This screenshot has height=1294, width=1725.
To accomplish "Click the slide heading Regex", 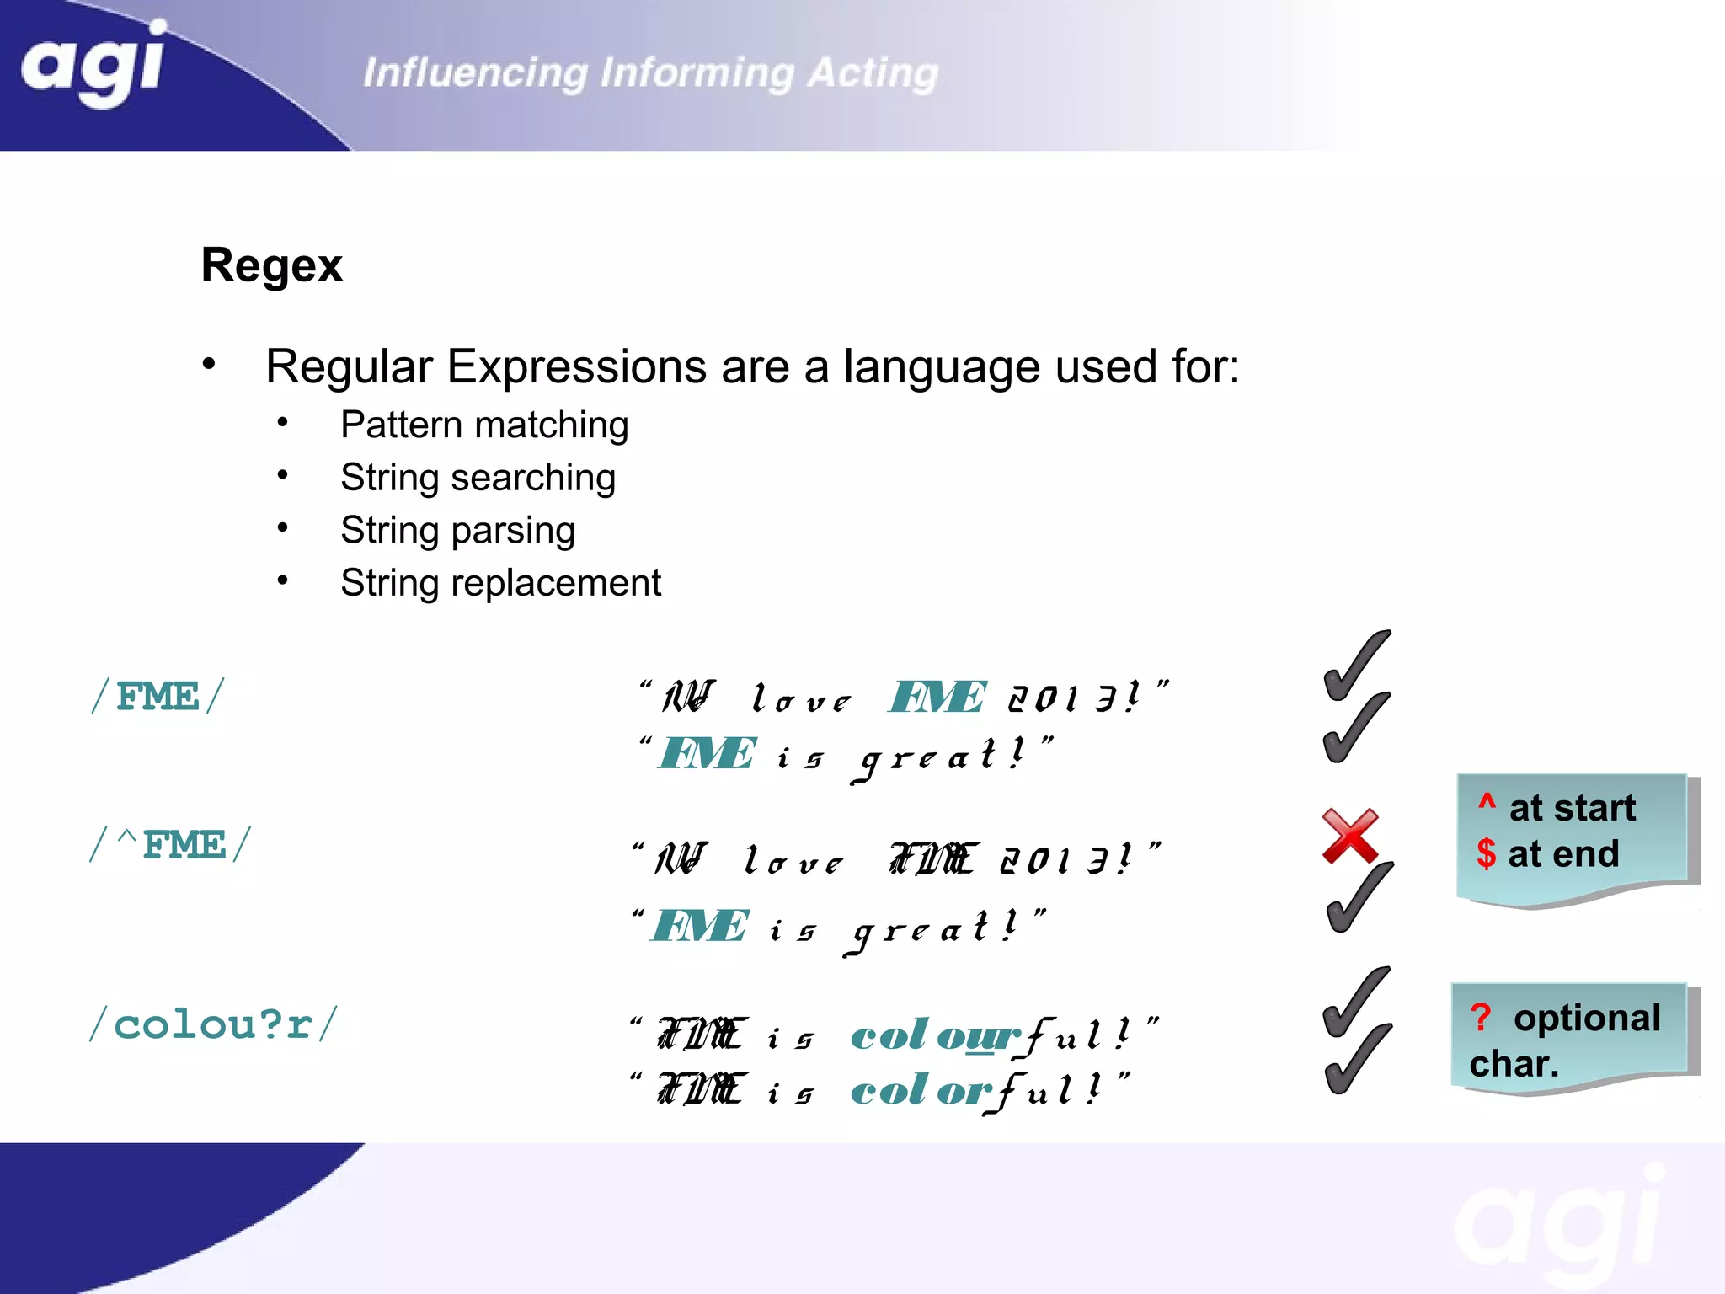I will [x=271, y=265].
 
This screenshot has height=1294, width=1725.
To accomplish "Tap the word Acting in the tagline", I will [x=873, y=72].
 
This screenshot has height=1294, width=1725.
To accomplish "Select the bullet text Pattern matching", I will [x=484, y=425].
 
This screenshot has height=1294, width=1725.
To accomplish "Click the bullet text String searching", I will [x=478, y=478].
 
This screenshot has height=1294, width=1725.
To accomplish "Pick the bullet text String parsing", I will [x=457, y=531].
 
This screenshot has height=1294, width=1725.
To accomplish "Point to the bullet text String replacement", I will [x=500, y=583].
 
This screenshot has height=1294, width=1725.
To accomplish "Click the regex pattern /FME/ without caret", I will [x=158, y=697].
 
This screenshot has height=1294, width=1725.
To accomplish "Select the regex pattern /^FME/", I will [x=171, y=845].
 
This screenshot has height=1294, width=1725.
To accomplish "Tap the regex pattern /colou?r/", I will [x=213, y=1025].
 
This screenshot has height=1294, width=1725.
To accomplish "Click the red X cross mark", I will [x=1349, y=836].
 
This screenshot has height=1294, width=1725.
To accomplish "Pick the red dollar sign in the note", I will [x=1486, y=853].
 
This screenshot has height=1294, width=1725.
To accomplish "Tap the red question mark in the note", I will [x=1481, y=1017].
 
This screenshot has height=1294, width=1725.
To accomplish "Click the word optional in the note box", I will [x=1587, y=1018].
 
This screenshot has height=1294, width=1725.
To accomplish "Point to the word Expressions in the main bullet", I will [x=576, y=367].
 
